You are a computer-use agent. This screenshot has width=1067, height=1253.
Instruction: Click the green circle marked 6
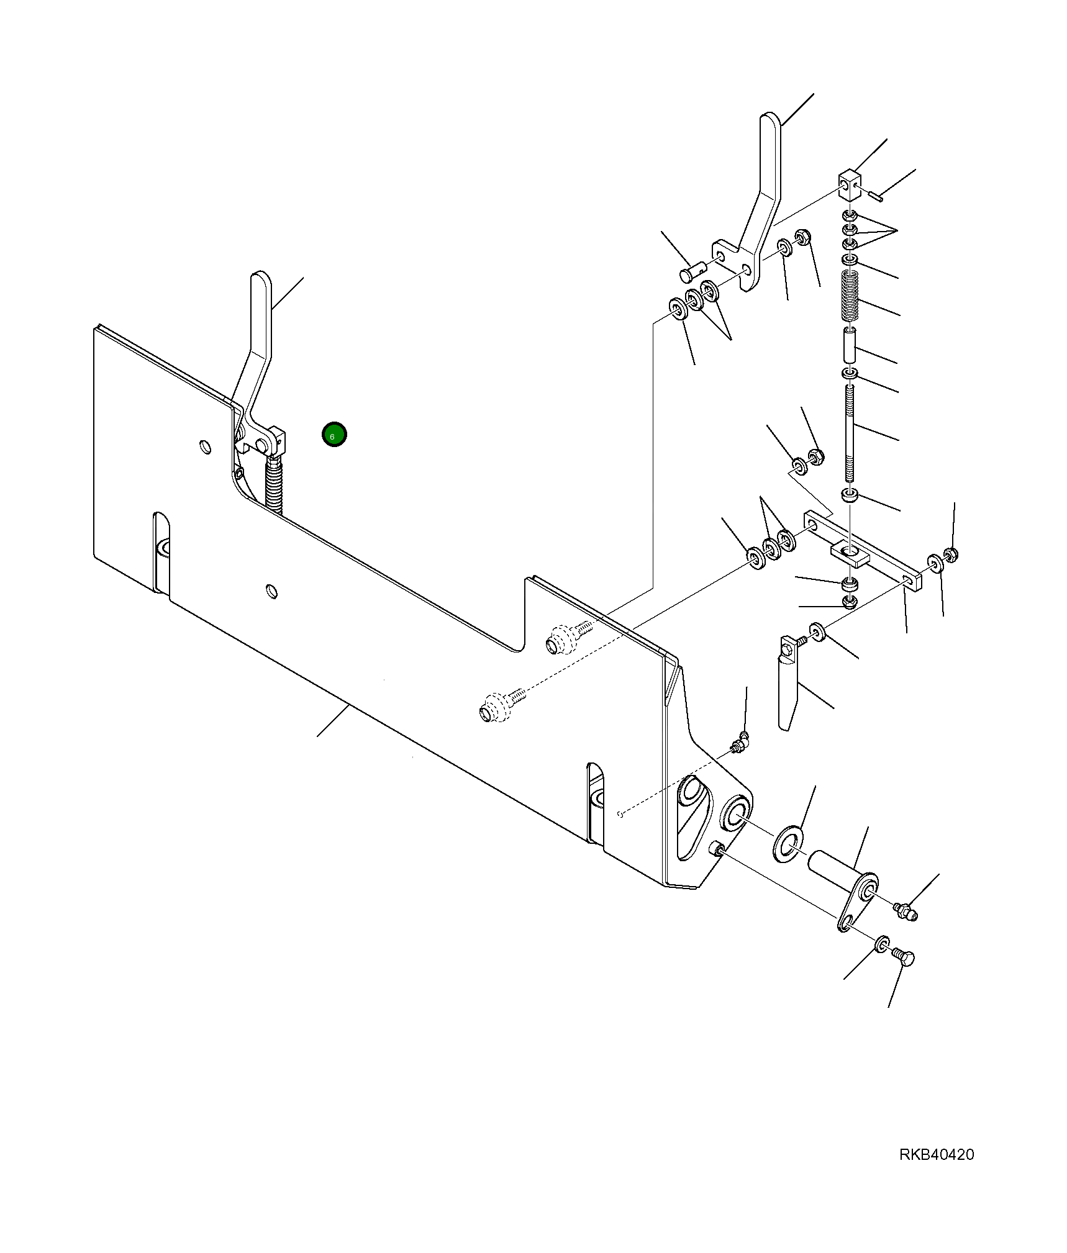334,435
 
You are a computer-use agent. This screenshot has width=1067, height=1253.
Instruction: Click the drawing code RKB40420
937,1154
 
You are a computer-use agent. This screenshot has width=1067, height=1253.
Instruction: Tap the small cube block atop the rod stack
850,185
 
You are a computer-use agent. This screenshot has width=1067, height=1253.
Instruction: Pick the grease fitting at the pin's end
906,911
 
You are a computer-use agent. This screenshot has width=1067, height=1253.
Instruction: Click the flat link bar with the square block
863,550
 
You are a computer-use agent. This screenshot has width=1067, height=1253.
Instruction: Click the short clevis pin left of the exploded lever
691,272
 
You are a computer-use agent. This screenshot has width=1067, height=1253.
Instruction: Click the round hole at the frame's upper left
204,446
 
